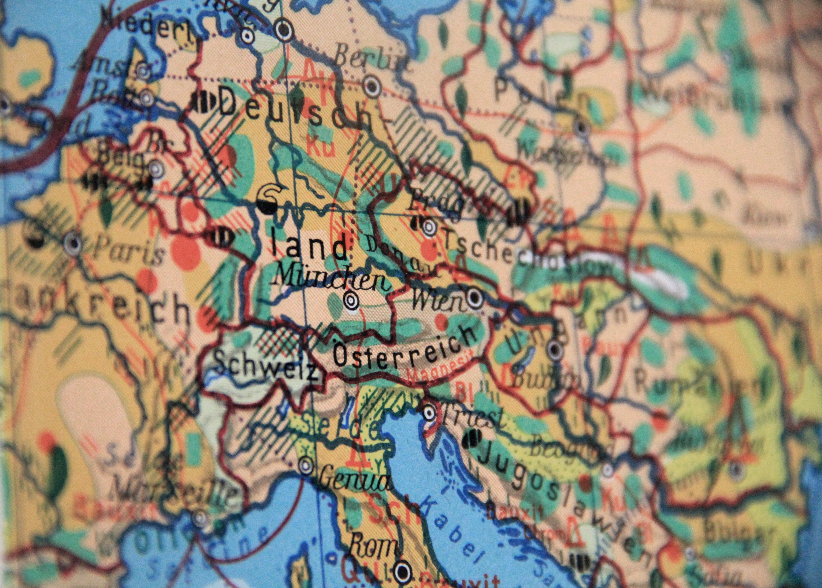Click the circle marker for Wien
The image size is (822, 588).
475,298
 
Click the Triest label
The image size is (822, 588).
471,416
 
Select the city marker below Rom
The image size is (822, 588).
402,571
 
